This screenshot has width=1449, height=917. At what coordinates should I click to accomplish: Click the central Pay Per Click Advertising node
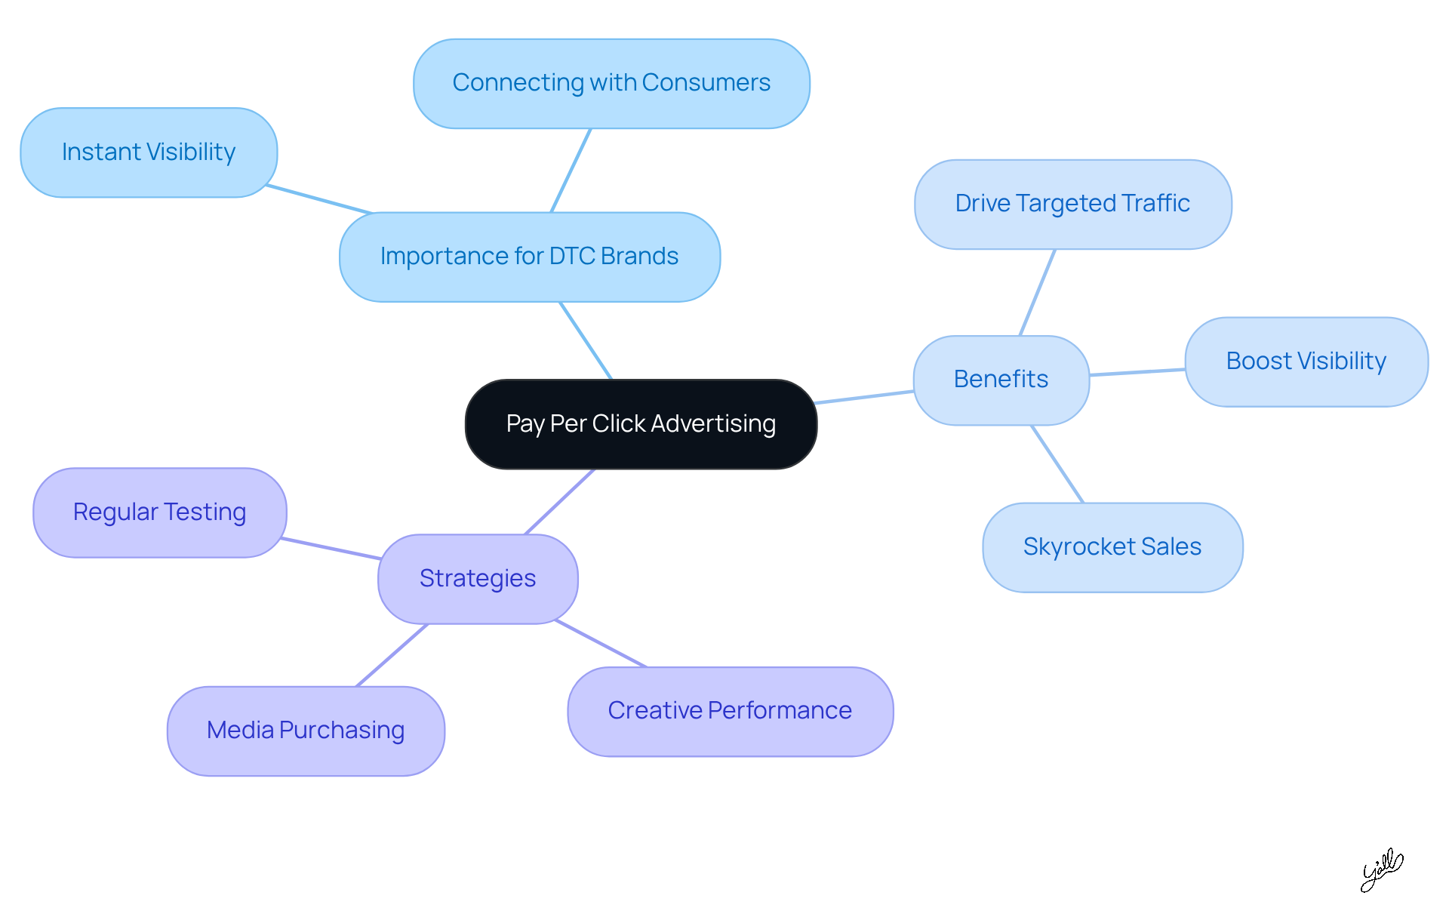pos(641,424)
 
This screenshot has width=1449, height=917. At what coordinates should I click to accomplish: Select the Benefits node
pos(1001,380)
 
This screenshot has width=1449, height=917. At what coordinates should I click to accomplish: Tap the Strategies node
pos(478,579)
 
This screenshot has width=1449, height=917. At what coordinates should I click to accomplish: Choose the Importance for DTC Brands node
pos(529,257)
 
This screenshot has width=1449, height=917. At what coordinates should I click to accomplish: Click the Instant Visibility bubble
pos(149,152)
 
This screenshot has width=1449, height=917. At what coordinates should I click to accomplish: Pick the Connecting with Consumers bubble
pos(611,83)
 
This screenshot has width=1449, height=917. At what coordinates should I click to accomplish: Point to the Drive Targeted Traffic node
pos(1072,204)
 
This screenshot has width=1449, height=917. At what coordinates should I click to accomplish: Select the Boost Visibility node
pos(1306,362)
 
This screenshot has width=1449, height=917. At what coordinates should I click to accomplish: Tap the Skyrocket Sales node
pos(1112,547)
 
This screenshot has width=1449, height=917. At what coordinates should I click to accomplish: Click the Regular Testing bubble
pos(159,512)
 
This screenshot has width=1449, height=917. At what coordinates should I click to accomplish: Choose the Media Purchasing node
pos(306,731)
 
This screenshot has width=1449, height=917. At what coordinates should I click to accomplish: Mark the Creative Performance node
pos(730,711)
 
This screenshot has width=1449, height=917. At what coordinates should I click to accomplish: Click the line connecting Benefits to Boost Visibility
pos(1137,372)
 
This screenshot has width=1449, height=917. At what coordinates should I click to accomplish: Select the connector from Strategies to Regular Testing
pos(331,549)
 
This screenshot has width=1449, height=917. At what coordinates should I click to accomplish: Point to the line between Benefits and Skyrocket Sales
pos(1057,464)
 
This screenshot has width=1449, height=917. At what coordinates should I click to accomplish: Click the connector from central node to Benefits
pos(865,397)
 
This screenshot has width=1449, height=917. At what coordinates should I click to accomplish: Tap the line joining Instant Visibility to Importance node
pos(318,199)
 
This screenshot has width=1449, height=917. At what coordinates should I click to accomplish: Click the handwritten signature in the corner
pos(1381,870)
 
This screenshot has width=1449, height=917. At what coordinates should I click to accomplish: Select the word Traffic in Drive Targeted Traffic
pos(1155,204)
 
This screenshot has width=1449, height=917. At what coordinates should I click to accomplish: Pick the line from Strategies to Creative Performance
pos(601,644)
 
